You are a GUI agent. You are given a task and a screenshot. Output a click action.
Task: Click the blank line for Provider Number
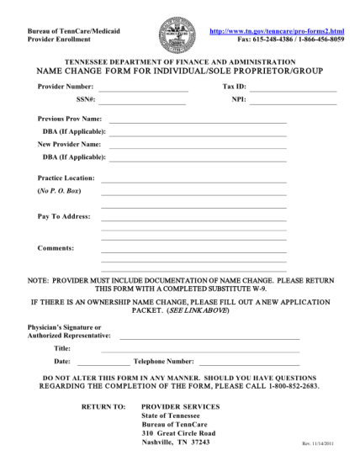tap(141, 89)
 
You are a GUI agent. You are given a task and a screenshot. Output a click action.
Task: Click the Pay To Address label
tap(64, 216)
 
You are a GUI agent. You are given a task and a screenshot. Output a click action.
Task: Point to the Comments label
tap(56, 248)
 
